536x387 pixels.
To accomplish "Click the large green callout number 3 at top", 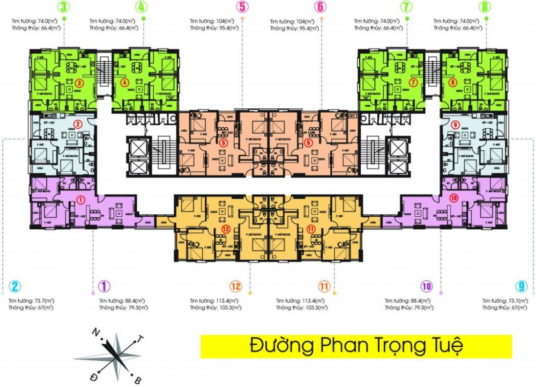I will pyautogui.click(x=64, y=8).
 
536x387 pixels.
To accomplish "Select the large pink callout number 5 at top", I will pyautogui.click(x=243, y=8).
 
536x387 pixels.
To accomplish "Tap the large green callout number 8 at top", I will pyautogui.click(x=486, y=8).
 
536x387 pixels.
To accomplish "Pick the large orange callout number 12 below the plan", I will pyautogui.click(x=234, y=286).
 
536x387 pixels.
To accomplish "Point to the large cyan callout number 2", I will pyautogui.click(x=16, y=286).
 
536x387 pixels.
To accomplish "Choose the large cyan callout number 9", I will pyautogui.click(x=520, y=286).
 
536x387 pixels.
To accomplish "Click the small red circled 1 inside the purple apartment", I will pyautogui.click(x=81, y=200).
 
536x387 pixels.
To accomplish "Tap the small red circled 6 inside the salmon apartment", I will pyautogui.click(x=308, y=143).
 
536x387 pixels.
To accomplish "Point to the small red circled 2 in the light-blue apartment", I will pyautogui.click(x=77, y=124).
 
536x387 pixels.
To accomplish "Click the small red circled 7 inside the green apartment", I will pyautogui.click(x=413, y=83).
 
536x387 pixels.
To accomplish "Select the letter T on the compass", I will pyautogui.click(x=141, y=339).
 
